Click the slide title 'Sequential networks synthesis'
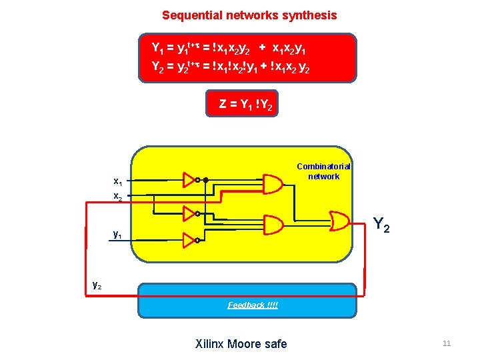pos(249,15)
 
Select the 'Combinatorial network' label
pos(323,171)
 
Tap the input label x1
pos(117,181)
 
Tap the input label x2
pos(117,196)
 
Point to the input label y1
pos(117,234)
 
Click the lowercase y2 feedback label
pos(97,285)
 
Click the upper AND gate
pos(273,183)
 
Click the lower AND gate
pos(273,223)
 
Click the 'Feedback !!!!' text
pos(253,305)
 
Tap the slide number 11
pos(447,343)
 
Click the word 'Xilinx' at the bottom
pos(210,344)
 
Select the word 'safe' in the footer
pos(275,344)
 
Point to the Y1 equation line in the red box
pos(235,48)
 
